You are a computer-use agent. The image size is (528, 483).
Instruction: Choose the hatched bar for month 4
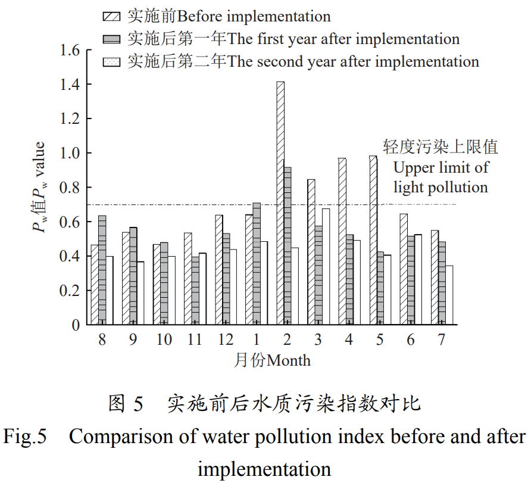click(x=342, y=241)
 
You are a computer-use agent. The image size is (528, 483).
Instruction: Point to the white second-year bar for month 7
click(x=449, y=295)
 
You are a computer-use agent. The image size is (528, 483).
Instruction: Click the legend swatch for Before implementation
click(x=113, y=16)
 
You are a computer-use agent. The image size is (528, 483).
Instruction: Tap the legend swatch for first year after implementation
click(x=113, y=39)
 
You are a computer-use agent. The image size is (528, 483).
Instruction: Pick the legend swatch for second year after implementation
click(x=113, y=61)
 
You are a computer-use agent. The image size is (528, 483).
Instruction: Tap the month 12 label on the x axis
click(x=226, y=339)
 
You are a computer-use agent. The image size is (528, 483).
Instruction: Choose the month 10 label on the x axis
click(x=164, y=339)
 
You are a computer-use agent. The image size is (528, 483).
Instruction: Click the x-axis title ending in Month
click(x=271, y=360)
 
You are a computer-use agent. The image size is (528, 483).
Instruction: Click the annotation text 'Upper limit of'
click(x=440, y=167)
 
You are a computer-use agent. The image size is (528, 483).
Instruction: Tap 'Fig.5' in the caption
click(x=25, y=437)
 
